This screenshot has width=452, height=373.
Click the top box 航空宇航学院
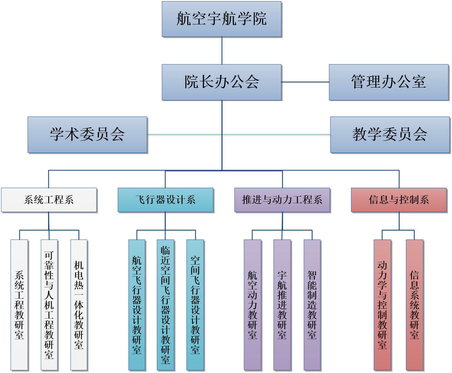coord(222,19)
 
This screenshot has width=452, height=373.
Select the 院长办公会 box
coord(222,82)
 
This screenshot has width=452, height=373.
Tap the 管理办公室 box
coord(389,82)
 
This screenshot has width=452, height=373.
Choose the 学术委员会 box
coord(87,135)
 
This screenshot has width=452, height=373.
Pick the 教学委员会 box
coord(390,135)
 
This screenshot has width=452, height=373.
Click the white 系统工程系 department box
coord(49,200)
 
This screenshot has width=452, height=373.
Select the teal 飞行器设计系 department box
coord(165,200)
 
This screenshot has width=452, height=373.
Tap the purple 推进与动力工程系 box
coord(282,200)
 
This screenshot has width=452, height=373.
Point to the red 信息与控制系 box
coord(399,200)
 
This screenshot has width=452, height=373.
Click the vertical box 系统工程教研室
coord(19,305)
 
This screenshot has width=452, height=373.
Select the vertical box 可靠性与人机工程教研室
coord(49,305)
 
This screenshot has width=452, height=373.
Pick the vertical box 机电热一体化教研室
coord(79,305)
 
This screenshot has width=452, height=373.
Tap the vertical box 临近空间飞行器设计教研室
coord(165,305)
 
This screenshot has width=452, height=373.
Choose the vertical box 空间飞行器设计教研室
coord(195,305)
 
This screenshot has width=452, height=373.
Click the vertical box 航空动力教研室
coord(252,305)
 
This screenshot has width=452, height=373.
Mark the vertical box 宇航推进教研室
coord(282,305)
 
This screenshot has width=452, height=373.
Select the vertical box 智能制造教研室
coord(312,305)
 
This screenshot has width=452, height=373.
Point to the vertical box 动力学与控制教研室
coord(382,305)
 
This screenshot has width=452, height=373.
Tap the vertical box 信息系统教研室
coord(414,305)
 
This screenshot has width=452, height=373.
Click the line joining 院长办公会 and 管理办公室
coord(305,82)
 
